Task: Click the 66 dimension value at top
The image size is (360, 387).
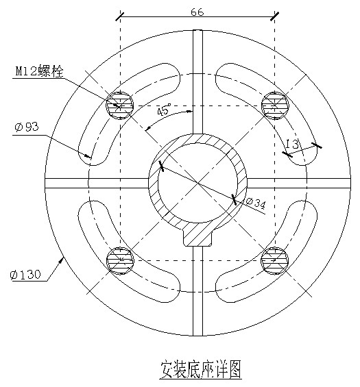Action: click(197, 12)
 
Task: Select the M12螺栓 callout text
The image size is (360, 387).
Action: click(40, 71)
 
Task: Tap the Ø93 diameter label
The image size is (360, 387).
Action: click(27, 127)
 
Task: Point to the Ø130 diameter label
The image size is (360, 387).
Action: click(25, 275)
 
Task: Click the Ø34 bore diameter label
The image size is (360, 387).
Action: click(256, 203)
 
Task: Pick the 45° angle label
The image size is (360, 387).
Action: click(164, 110)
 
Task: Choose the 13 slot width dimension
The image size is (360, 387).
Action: click(292, 144)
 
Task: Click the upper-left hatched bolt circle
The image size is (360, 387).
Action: click(120, 105)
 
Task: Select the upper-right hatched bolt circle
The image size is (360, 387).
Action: click(275, 105)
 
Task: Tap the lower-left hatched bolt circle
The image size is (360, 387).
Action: click(120, 260)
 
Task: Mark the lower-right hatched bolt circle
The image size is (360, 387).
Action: click(275, 260)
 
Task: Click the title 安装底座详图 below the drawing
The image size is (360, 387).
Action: click(200, 369)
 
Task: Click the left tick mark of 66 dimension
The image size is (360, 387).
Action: click(120, 16)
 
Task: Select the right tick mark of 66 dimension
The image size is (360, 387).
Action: click(275, 16)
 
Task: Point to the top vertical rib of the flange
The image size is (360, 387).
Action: click(197, 82)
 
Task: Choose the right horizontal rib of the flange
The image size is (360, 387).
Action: click(299, 183)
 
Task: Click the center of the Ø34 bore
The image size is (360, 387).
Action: click(197, 183)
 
